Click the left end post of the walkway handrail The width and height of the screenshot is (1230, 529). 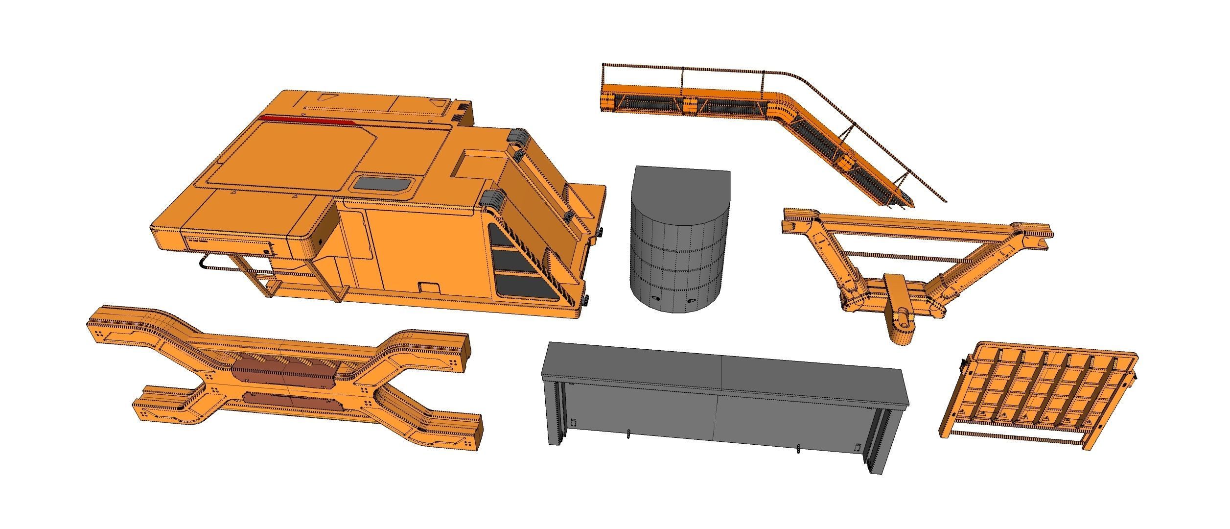pos(603,73)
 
